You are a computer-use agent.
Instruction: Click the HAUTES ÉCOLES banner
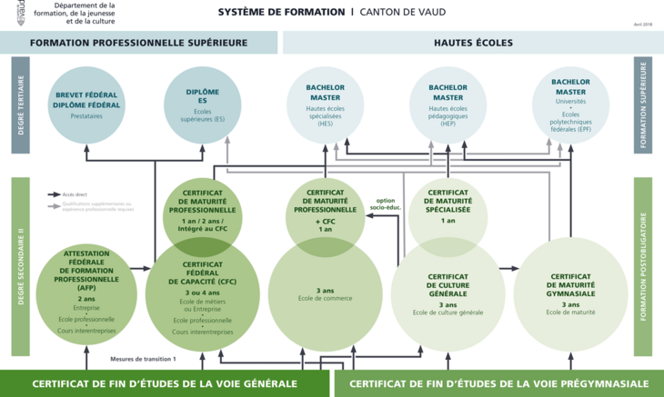coord(473,43)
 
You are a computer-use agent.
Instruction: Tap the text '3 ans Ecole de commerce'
coord(325,294)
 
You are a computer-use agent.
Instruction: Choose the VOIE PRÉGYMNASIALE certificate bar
coord(499,384)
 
